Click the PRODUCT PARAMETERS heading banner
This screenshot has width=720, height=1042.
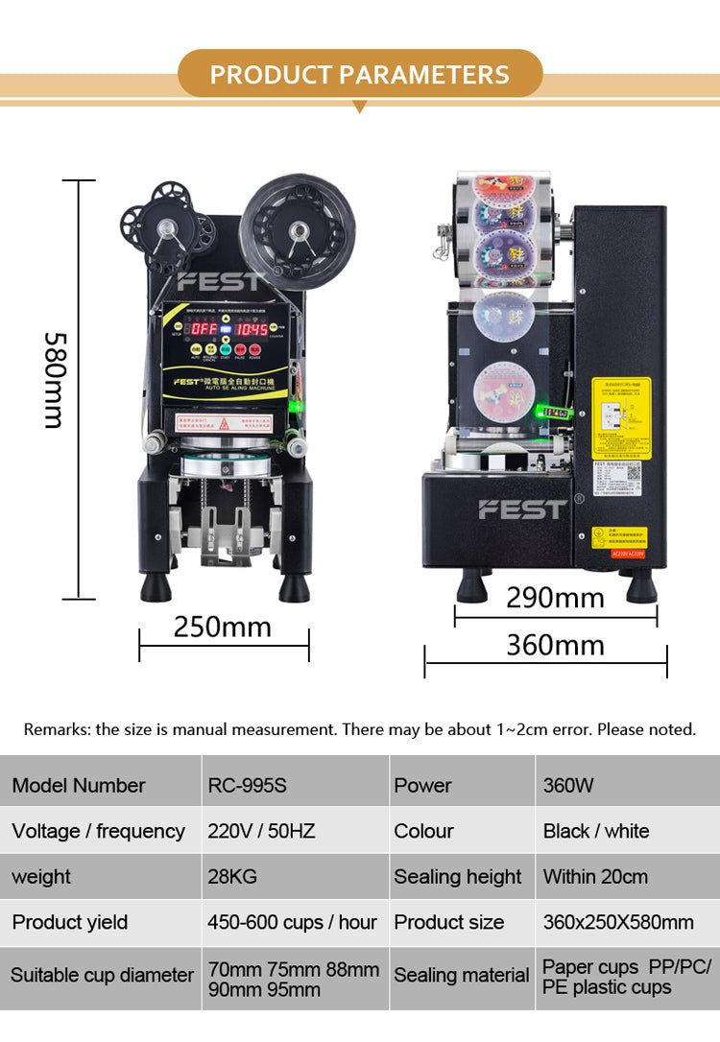click(360, 75)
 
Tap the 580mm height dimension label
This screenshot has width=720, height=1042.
click(54, 380)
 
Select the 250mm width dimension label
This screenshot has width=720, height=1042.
click(223, 627)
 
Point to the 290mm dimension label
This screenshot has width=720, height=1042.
click(555, 598)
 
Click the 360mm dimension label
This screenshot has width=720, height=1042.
click(555, 645)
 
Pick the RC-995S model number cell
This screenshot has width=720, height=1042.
click(248, 785)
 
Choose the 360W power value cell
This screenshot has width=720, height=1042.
click(568, 785)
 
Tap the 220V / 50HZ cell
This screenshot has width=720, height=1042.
click(261, 831)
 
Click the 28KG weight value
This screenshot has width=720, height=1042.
click(232, 877)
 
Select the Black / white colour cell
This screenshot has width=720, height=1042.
click(596, 831)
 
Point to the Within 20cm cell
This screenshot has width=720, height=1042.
click(595, 877)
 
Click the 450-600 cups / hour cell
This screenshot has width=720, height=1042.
click(292, 922)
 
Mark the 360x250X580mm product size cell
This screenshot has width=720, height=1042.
click(618, 922)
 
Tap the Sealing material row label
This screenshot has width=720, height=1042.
click(462, 975)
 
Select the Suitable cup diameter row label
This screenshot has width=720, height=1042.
click(102, 975)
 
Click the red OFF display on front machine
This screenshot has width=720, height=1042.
click(204, 329)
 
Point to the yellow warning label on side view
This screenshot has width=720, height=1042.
click(620, 417)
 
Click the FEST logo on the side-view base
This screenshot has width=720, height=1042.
click(523, 509)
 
